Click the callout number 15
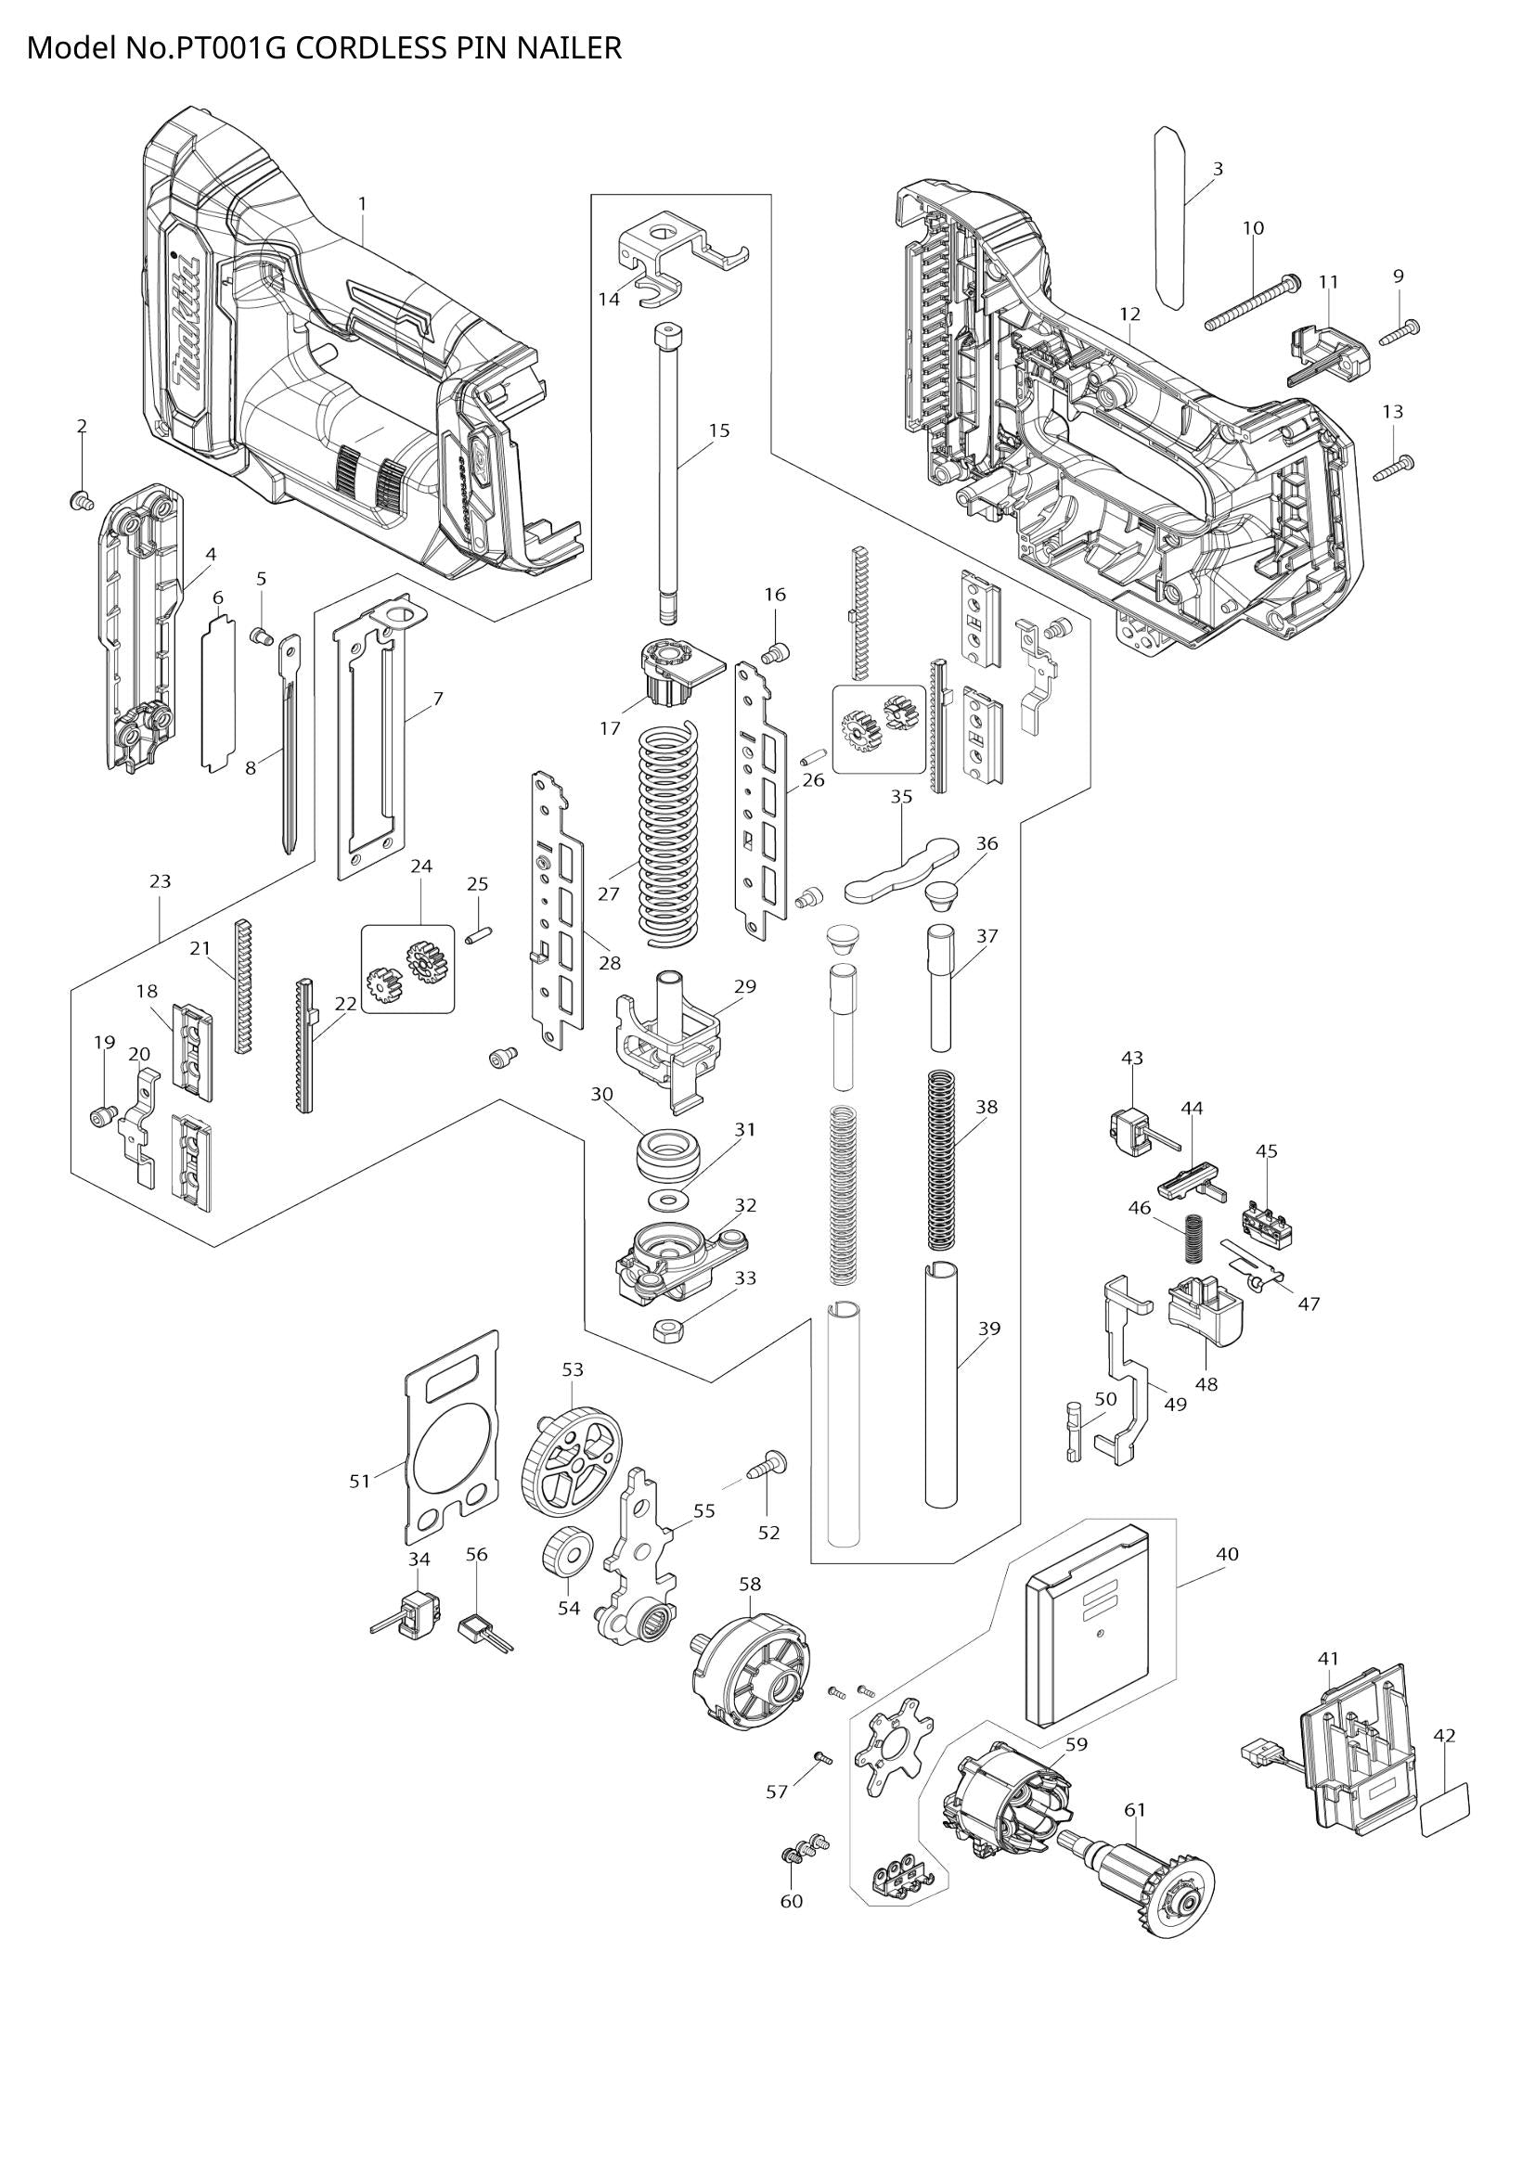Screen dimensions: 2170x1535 point(718,430)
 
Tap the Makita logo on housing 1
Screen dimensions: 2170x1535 point(188,321)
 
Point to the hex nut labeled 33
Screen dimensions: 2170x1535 point(669,1329)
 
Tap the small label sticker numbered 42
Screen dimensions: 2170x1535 point(1446,1810)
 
